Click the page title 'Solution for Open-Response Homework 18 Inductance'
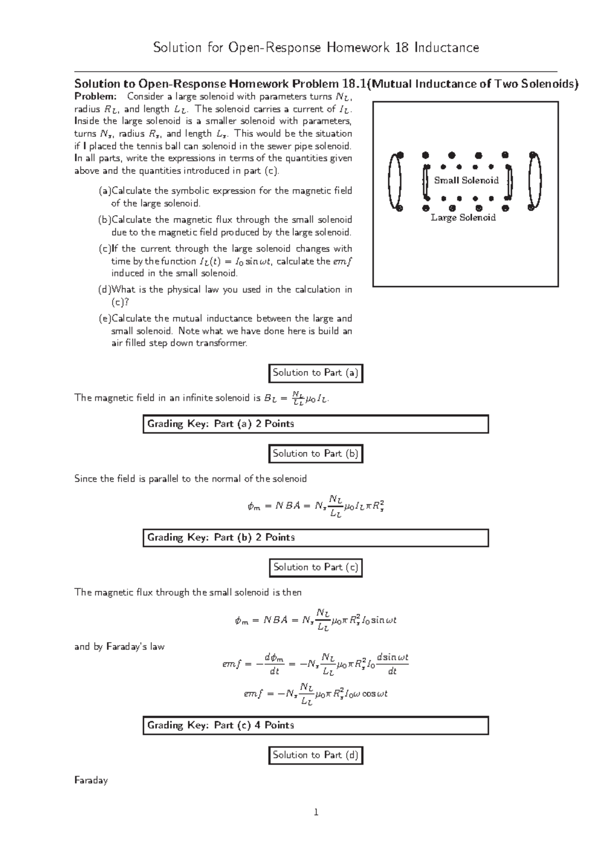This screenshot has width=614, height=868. [316, 48]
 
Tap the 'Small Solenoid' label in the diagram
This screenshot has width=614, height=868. [466, 180]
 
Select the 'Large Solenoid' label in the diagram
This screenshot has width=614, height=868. [463, 218]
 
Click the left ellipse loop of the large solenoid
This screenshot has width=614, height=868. [394, 182]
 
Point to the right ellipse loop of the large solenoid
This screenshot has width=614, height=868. [535, 182]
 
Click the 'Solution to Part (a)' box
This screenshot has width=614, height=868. [315, 373]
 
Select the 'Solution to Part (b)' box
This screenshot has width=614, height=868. [315, 453]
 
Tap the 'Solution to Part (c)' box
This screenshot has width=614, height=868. [315, 567]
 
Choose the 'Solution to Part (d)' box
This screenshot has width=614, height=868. [315, 755]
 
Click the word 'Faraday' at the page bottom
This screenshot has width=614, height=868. [91, 781]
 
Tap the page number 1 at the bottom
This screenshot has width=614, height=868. [316, 812]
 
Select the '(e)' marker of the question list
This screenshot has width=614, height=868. [104, 318]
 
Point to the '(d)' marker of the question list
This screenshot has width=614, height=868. [104, 290]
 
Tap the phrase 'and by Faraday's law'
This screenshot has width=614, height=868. [119, 647]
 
